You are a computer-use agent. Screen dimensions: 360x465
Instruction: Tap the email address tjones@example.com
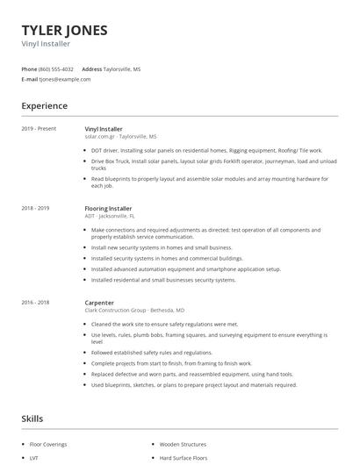[65, 79]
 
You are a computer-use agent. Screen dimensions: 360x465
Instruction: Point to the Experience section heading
[45, 106]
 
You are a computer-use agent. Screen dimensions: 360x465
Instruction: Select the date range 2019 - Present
[39, 129]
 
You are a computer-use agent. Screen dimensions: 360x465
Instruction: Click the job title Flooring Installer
[109, 209]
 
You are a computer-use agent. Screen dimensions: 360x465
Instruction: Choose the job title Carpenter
[100, 303]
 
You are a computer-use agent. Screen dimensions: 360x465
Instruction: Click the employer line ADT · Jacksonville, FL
[110, 216]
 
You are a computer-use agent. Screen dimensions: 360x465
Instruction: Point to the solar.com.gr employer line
[120, 137]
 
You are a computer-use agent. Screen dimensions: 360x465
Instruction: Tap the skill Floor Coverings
[49, 445]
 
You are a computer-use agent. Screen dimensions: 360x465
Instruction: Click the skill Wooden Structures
[183, 445]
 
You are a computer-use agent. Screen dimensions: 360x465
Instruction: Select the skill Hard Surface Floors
[184, 458]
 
